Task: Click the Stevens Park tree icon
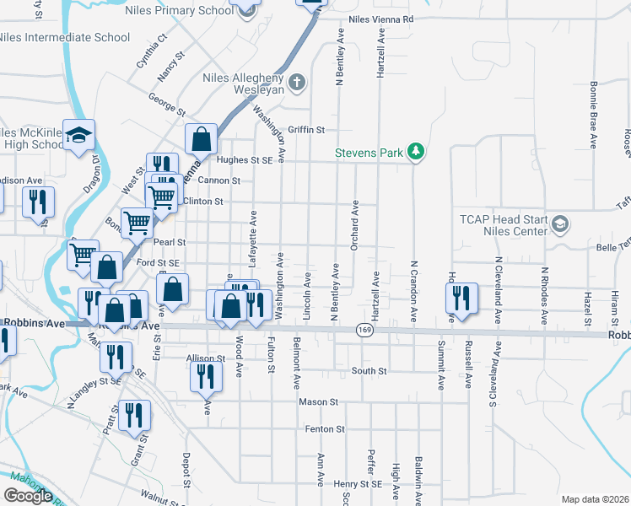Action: [x=415, y=152]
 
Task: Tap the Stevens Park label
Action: [x=369, y=153]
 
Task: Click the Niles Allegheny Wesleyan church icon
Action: [x=295, y=83]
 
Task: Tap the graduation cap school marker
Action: [x=78, y=135]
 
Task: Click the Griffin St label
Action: [x=306, y=130]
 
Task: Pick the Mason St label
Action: [x=318, y=402]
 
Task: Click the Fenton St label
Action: [x=326, y=429]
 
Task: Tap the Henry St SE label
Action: [x=359, y=484]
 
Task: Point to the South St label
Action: [x=369, y=371]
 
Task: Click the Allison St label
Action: [x=206, y=358]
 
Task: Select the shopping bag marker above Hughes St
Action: [x=202, y=138]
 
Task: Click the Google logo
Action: [x=28, y=496]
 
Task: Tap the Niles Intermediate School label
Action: [x=65, y=38]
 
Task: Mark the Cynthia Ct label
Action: [x=153, y=51]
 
